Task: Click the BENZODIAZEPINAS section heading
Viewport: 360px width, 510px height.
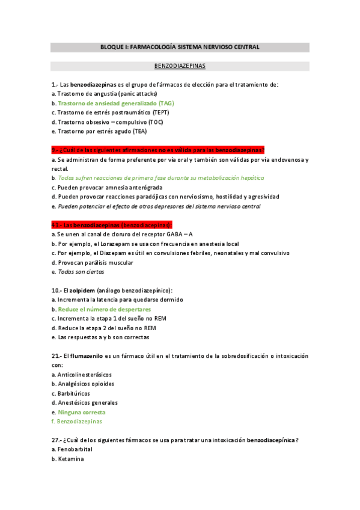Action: (x=180, y=66)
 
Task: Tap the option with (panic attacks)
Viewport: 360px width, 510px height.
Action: (x=105, y=94)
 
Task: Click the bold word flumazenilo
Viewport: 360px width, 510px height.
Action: (x=87, y=356)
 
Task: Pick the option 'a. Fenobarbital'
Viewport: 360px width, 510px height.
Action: (x=72, y=449)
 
